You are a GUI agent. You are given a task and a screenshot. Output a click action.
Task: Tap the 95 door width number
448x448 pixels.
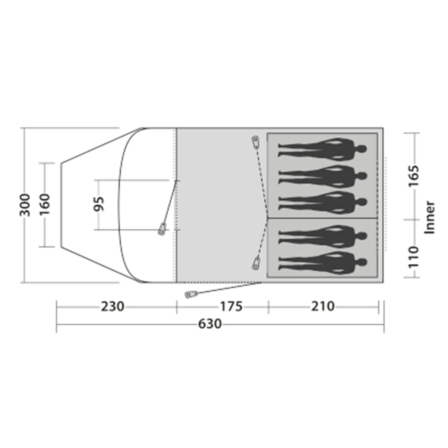[99, 204]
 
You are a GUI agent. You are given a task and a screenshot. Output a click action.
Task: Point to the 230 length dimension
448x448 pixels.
[112, 306]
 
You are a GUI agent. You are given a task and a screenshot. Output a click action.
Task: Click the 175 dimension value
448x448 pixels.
[231, 306]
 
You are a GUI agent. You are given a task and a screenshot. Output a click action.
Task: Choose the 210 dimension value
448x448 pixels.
[323, 306]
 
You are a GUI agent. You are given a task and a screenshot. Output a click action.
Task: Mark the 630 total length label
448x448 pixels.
[210, 324]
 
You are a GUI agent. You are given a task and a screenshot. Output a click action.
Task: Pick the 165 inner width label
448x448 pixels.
[414, 176]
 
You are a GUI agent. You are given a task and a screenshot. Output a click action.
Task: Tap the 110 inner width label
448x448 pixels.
[414, 257]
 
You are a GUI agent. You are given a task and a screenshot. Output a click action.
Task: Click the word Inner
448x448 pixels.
[429, 217]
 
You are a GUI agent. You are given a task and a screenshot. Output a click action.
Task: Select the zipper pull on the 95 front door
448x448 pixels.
[162, 229]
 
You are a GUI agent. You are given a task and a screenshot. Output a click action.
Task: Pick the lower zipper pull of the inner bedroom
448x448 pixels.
[256, 263]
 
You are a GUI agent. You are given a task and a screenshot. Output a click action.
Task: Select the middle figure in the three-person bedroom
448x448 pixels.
[323, 176]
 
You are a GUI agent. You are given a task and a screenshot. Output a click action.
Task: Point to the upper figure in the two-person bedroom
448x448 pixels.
[323, 236]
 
